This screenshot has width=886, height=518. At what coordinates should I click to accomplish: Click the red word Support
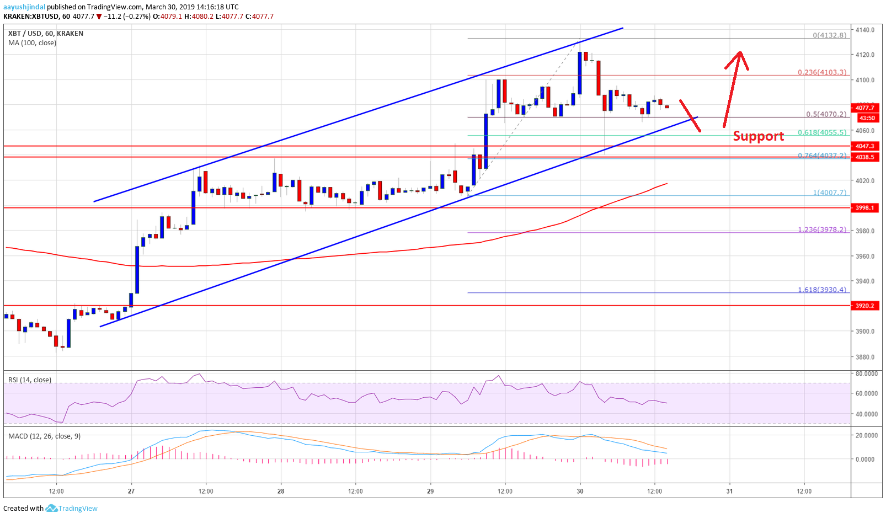(758, 136)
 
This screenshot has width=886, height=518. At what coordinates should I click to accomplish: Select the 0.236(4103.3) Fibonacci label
(821, 72)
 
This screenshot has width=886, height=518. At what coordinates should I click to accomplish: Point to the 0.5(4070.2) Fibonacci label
(825, 114)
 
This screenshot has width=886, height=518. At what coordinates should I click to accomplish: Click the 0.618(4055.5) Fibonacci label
(821, 132)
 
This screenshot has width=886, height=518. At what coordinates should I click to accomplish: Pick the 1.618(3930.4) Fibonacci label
(821, 290)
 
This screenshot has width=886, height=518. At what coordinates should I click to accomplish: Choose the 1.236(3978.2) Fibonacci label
(821, 229)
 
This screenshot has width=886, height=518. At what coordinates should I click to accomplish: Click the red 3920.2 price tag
(864, 306)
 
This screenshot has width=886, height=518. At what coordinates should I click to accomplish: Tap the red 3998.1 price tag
(864, 208)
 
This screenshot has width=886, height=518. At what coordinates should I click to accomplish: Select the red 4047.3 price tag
(864, 146)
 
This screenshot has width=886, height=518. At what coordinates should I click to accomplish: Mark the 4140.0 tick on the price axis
(864, 30)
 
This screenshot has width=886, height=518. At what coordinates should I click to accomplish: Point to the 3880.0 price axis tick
(864, 356)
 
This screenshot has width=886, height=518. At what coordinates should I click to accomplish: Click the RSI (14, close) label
(30, 380)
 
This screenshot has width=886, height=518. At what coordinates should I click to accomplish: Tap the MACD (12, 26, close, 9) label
(44, 436)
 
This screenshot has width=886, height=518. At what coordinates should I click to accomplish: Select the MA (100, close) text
(32, 43)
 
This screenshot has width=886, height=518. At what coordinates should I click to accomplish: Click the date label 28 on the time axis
(281, 491)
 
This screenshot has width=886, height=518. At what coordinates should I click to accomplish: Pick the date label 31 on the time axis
(729, 491)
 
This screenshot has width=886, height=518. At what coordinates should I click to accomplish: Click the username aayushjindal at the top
(24, 7)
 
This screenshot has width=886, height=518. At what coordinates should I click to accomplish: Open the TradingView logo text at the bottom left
(77, 509)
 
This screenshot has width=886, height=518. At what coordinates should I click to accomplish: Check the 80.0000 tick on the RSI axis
(866, 373)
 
